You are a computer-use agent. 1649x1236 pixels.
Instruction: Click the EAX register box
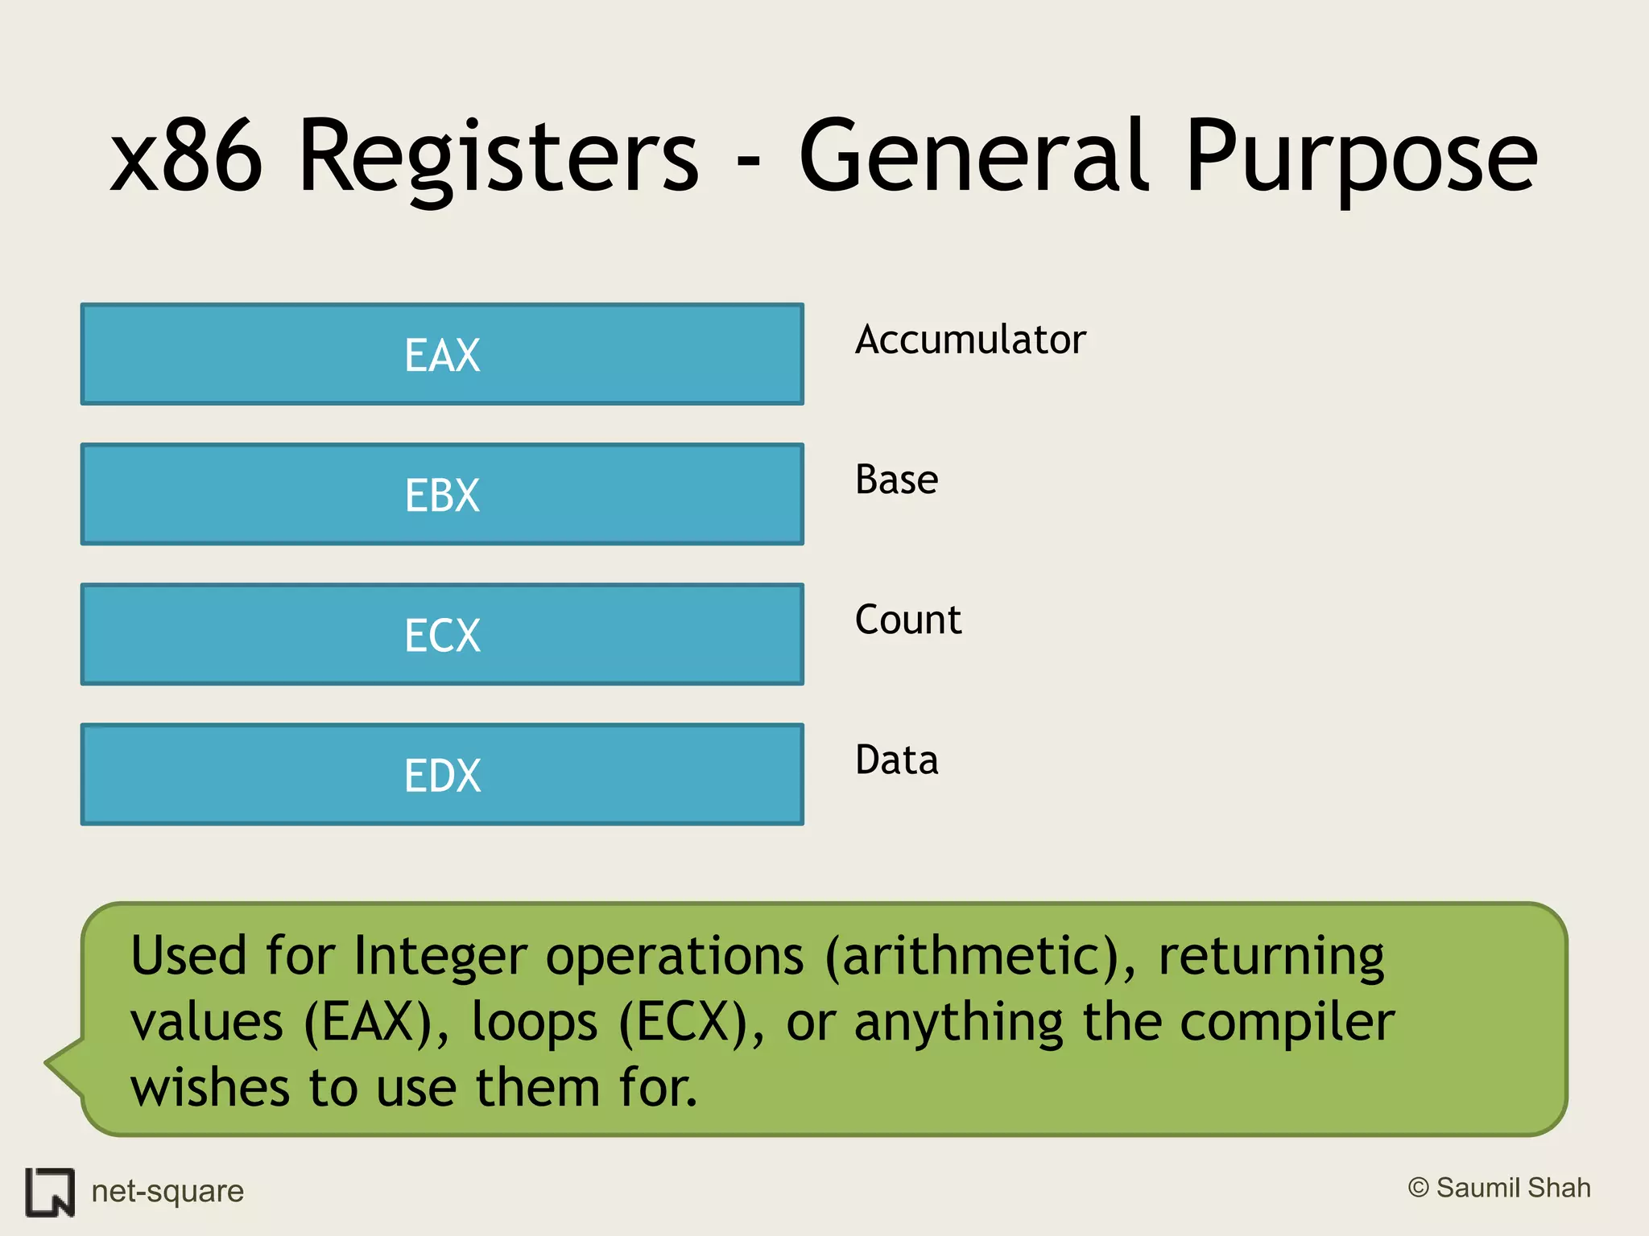click(x=442, y=354)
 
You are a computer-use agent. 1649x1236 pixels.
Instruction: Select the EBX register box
click(x=442, y=494)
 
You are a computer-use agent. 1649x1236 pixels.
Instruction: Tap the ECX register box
click(x=442, y=634)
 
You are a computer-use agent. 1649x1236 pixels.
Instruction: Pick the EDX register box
click(x=442, y=774)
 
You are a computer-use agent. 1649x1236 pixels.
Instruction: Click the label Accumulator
click(x=970, y=340)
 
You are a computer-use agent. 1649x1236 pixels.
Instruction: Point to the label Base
click(x=896, y=480)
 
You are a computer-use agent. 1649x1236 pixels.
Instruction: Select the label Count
click(x=907, y=620)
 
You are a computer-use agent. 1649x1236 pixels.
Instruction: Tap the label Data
click(x=896, y=760)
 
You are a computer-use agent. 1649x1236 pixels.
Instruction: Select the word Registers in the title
click(x=498, y=157)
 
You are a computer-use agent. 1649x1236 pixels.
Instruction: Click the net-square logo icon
click(x=50, y=1192)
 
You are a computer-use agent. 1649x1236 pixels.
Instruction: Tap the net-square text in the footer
click(x=167, y=1191)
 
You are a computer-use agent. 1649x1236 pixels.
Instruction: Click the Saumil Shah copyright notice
click(x=1499, y=1188)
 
